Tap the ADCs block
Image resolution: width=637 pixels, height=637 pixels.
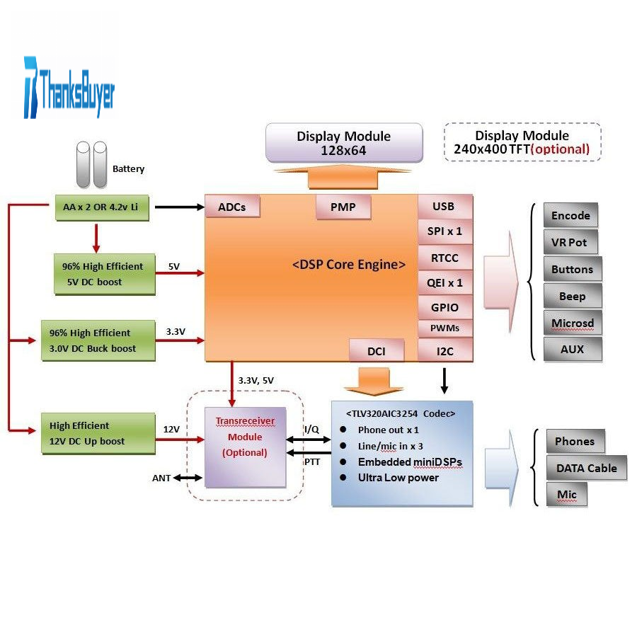pyautogui.click(x=232, y=207)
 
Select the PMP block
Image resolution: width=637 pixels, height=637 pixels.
pyautogui.click(x=343, y=207)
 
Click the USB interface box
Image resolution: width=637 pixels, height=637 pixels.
pyautogui.click(x=444, y=206)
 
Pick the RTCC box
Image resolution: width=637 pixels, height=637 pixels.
pyautogui.click(x=444, y=258)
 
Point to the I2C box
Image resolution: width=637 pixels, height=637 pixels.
pyautogui.click(x=444, y=350)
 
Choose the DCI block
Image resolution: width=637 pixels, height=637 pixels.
pyautogui.click(x=377, y=350)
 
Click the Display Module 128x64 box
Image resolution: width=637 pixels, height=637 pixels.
pyautogui.click(x=343, y=143)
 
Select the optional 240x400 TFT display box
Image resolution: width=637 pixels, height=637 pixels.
pyautogui.click(x=522, y=142)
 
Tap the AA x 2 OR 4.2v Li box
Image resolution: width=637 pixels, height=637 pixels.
pyautogui.click(x=101, y=207)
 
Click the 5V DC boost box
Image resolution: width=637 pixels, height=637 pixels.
pyautogui.click(x=104, y=274)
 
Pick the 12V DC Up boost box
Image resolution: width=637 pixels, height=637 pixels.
pyautogui.click(x=98, y=433)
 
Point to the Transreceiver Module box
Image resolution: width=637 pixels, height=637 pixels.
pyautogui.click(x=245, y=446)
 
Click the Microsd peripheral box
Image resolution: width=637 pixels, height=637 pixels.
pyautogui.click(x=573, y=323)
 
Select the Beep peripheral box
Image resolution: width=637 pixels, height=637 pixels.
pyautogui.click(x=573, y=297)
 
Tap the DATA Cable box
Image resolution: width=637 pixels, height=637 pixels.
pyautogui.click(x=586, y=468)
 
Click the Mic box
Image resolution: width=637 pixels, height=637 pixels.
pyautogui.click(x=566, y=494)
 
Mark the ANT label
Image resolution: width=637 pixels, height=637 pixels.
pyautogui.click(x=161, y=478)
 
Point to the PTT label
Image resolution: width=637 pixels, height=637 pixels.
pyautogui.click(x=312, y=462)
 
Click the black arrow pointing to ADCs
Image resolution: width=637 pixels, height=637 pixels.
pyautogui.click(x=178, y=207)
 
